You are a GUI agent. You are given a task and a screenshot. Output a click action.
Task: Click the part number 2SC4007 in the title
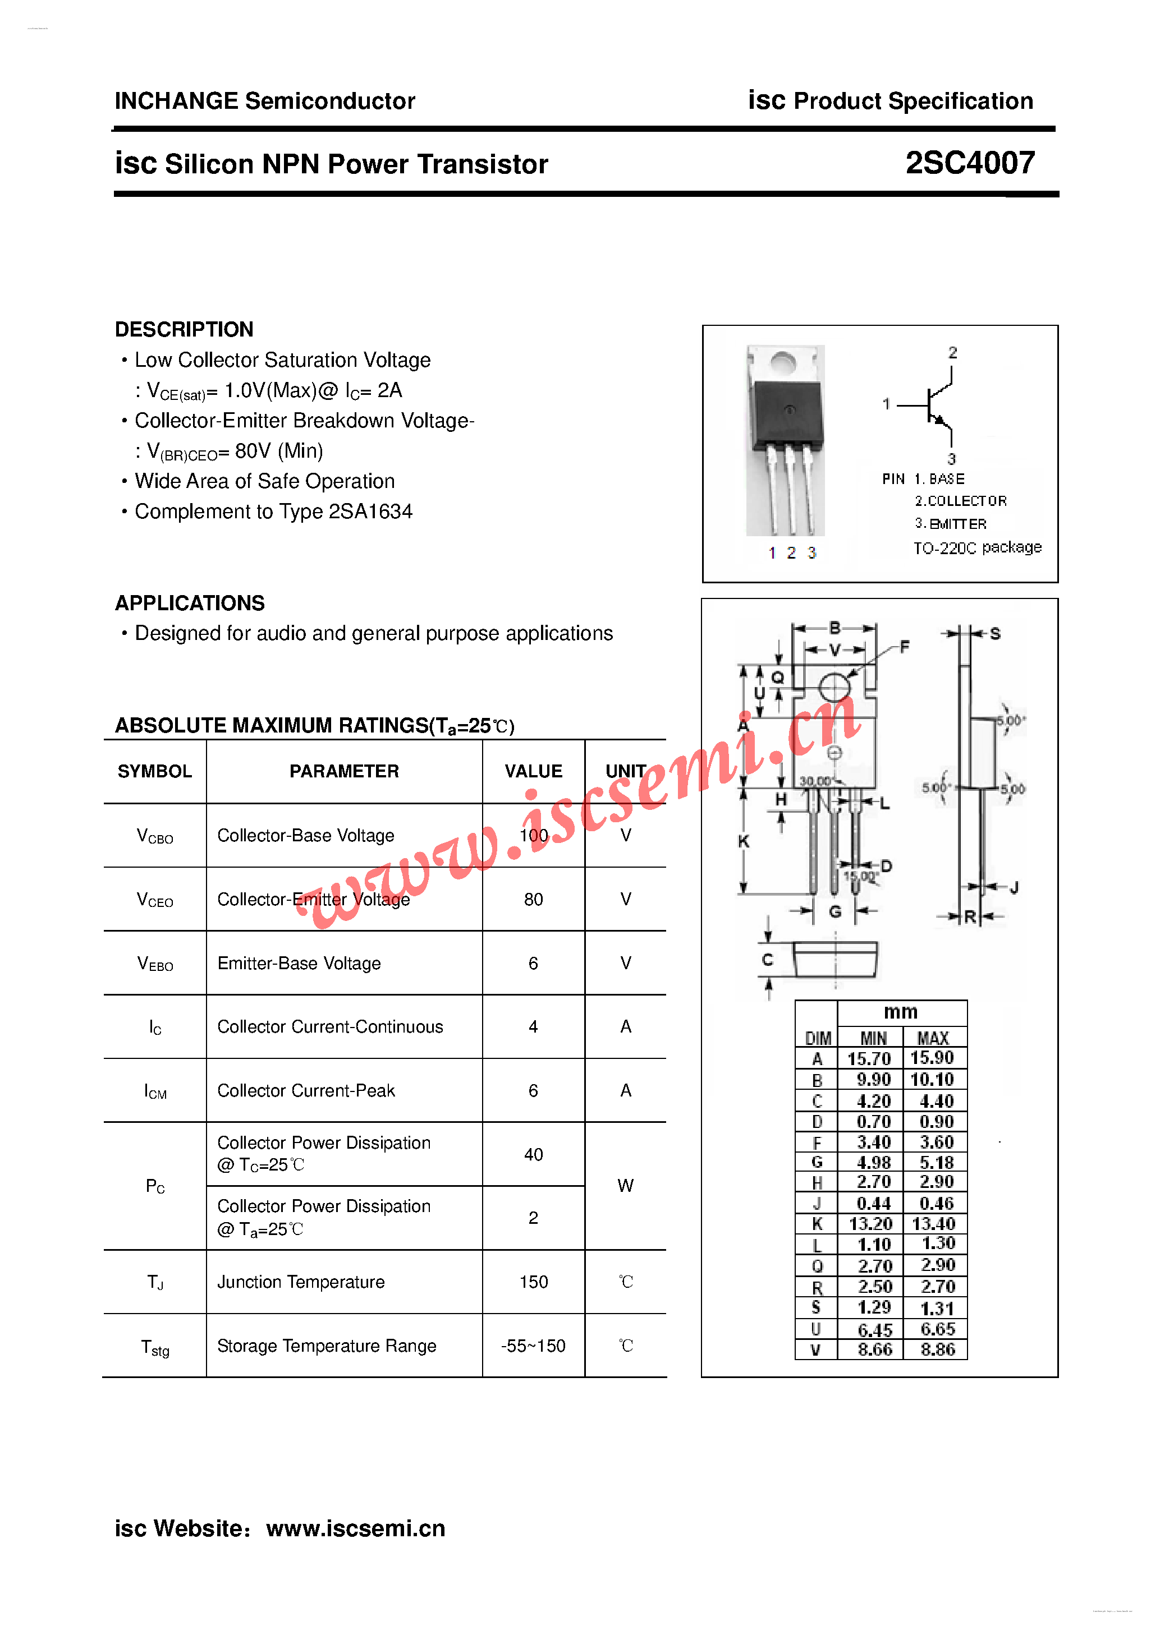point(969,164)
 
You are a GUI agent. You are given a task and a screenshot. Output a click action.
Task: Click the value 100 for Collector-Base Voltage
point(533,835)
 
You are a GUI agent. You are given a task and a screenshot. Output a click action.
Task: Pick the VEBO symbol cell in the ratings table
point(155,964)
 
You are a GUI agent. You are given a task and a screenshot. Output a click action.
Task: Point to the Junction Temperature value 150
point(533,1282)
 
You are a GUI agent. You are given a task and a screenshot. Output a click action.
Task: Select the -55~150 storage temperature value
point(533,1346)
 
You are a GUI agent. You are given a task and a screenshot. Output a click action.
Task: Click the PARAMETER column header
point(344,771)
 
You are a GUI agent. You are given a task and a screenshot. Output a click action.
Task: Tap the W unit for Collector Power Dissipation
point(625,1186)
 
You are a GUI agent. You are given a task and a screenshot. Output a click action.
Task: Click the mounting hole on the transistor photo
point(783,363)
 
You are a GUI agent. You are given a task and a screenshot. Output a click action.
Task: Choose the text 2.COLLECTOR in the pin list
point(961,501)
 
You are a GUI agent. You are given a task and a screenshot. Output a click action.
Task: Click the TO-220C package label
point(977,548)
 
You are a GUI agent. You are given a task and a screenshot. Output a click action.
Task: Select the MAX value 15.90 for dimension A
point(932,1058)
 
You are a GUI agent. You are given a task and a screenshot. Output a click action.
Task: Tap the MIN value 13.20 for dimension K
point(870,1224)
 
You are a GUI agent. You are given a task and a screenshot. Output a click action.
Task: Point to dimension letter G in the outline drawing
point(835,911)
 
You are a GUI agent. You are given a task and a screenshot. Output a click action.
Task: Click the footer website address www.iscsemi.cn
point(355,1528)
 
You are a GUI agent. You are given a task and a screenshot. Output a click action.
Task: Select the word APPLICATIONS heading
point(189,603)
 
